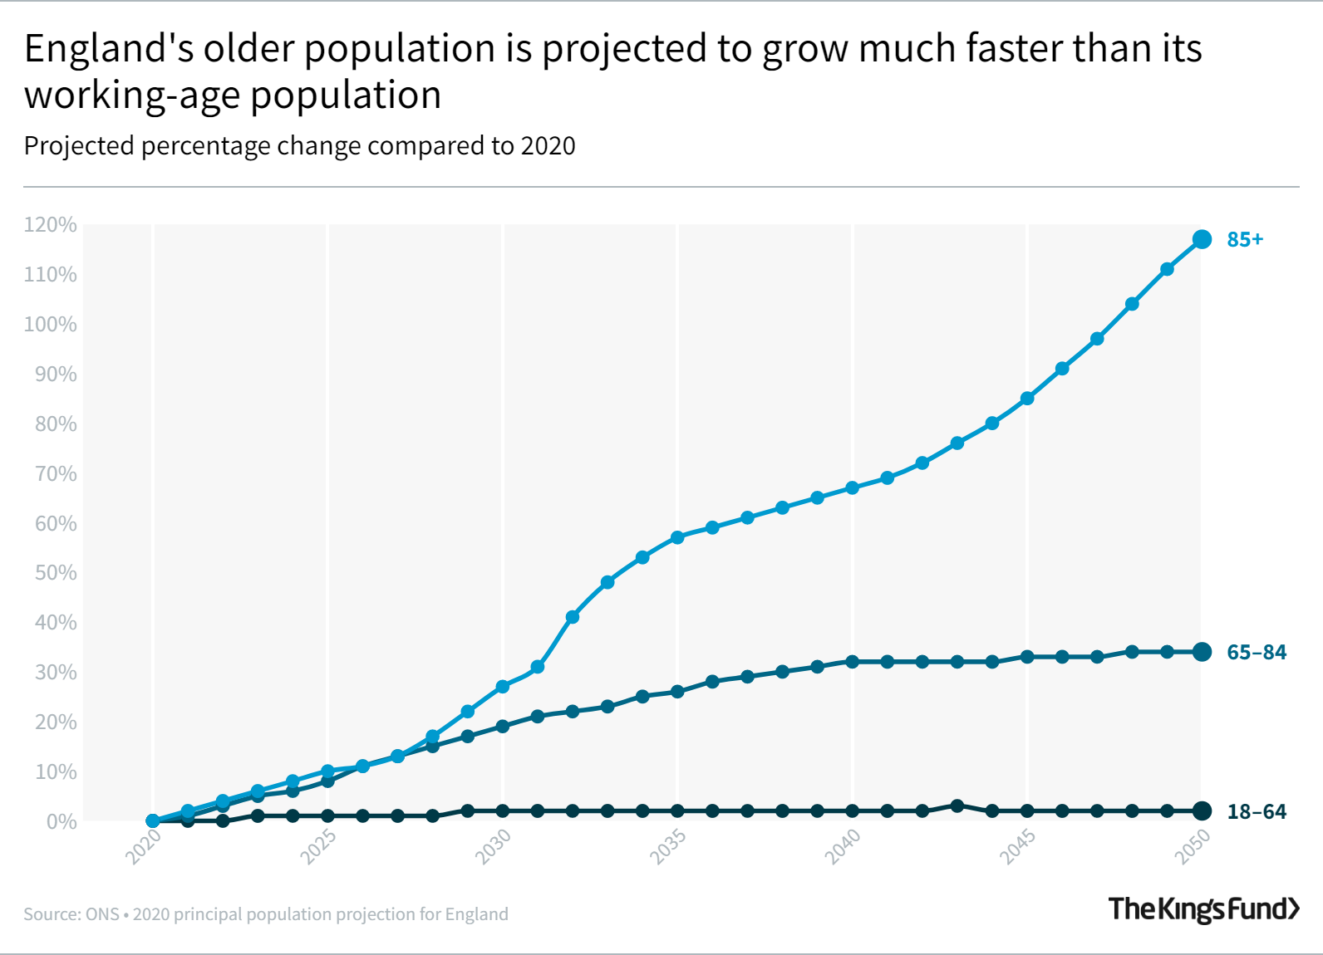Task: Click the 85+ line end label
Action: [x=1244, y=239]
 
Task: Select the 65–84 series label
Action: [x=1256, y=652]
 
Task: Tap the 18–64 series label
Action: [x=1256, y=811]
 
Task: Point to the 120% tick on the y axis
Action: [x=51, y=225]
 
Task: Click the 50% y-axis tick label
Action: [x=56, y=573]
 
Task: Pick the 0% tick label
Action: [x=61, y=821]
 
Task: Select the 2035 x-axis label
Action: [x=668, y=846]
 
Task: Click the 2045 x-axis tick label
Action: [x=1017, y=846]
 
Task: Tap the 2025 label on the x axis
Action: [x=318, y=846]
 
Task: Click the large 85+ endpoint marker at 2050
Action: [x=1202, y=239]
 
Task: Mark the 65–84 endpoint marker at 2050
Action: [x=1202, y=652]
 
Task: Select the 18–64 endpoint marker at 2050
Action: [x=1202, y=811]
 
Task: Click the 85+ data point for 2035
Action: [x=677, y=537]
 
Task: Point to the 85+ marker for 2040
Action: [x=852, y=487]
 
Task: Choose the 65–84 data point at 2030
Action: [x=502, y=727]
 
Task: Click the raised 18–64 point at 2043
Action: [x=957, y=806]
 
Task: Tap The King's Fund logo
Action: [x=1203, y=908]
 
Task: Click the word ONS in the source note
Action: [x=102, y=914]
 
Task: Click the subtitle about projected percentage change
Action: [x=299, y=146]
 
